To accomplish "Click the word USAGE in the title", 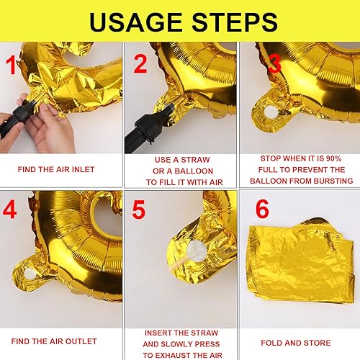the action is tap(135, 22).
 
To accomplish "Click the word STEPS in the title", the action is tap(235, 22).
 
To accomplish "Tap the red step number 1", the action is tap(11, 65).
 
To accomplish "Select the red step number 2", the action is tap(140, 63).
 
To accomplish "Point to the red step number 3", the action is tap(274, 63).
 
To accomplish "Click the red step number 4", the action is tap(9, 210).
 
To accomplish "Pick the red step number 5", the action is tap(139, 210).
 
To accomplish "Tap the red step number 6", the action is tap(262, 209).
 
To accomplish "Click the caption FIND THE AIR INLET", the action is tap(56, 169).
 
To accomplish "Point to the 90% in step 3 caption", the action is tap(333, 158).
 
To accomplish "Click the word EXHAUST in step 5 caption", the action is tap(170, 355).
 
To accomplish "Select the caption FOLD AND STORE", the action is tap(296, 343).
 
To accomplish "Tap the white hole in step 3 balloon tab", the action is tap(271, 112).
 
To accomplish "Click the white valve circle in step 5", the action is tap(197, 251).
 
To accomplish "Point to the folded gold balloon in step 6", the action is tap(301, 261).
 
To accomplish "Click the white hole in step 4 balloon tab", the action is tap(30, 274).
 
